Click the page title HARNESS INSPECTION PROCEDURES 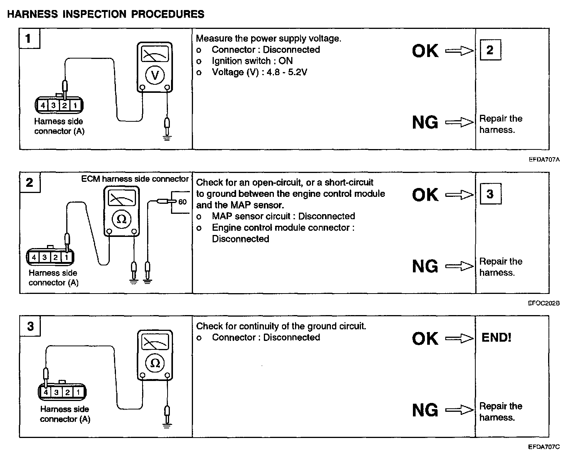pos(106,14)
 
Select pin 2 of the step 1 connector pos(65,105)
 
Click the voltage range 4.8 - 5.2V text pos(284,72)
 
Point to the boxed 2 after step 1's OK pos(490,50)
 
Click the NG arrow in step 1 pos(459,122)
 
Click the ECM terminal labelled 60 pos(182,202)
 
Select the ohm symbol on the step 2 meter pos(121,219)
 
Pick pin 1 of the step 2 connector pos(67,257)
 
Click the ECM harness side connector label pos(135,179)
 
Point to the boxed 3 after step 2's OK pos(490,194)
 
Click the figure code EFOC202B pos(544,304)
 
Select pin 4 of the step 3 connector pos(46,392)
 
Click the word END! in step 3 pos(496,338)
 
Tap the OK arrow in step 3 pos(459,338)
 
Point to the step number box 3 pos(30,327)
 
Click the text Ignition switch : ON pos(252,61)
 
